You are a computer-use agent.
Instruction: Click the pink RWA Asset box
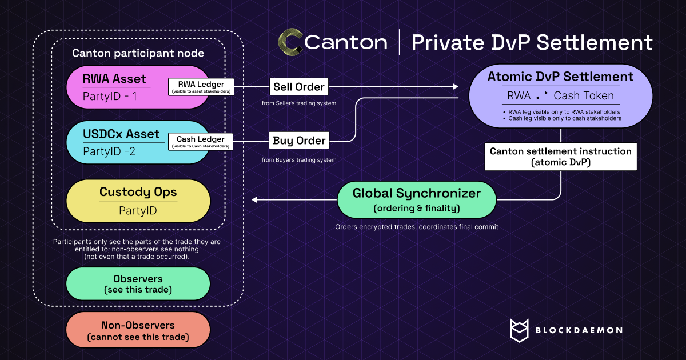(114, 87)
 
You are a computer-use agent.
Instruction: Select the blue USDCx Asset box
(114, 142)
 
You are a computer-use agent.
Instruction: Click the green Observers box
(138, 284)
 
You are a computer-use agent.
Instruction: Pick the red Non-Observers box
(138, 331)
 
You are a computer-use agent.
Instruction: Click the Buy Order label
(299, 141)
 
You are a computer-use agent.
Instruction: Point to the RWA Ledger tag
(201, 87)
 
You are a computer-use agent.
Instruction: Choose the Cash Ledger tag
(201, 142)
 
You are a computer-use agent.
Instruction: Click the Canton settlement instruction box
(561, 157)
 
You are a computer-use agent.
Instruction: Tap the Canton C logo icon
(290, 42)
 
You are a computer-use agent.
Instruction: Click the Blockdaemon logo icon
(521, 330)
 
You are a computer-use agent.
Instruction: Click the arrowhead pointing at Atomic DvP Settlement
(456, 87)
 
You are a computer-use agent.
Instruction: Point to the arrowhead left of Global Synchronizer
(255, 200)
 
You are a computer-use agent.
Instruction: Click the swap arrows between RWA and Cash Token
(542, 96)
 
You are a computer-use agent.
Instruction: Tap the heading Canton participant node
(138, 53)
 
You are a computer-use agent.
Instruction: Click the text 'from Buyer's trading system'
(299, 160)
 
